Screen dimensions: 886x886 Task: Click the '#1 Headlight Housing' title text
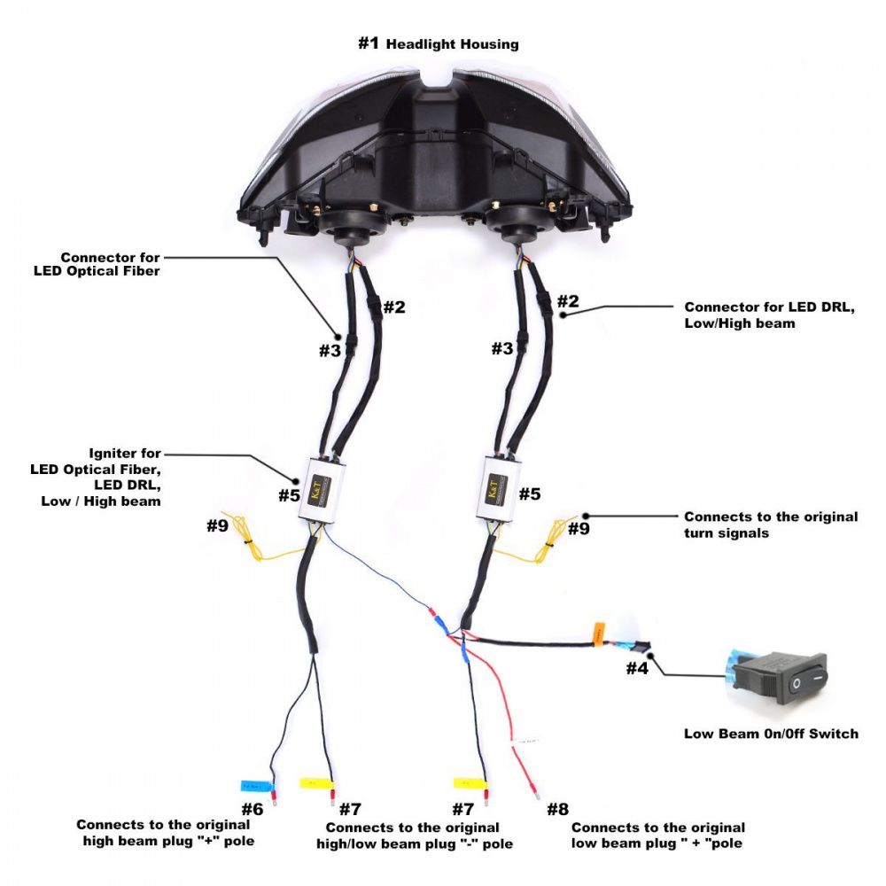click(x=438, y=43)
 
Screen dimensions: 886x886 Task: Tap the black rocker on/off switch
click(x=784, y=677)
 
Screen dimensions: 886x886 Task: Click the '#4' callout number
click(x=638, y=668)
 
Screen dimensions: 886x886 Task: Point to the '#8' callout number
click(x=557, y=808)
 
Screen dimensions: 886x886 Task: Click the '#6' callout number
click(x=253, y=808)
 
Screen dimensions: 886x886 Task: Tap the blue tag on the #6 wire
click(x=256, y=785)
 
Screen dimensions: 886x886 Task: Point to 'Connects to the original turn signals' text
click(x=771, y=525)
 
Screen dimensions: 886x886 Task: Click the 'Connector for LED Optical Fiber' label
click(x=111, y=264)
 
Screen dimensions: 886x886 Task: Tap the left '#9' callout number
click(x=218, y=525)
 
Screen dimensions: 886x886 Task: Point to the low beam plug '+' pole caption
click(x=657, y=835)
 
